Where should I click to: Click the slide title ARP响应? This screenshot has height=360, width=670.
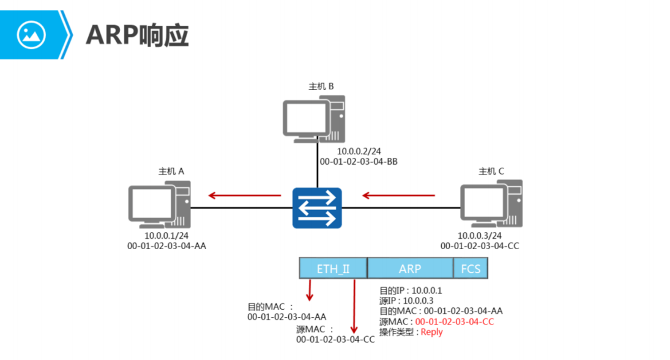(137, 36)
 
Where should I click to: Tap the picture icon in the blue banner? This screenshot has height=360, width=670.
(31, 35)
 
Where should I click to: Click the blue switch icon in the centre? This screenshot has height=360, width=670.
(316, 208)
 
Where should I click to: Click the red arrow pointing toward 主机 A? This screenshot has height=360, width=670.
(244, 196)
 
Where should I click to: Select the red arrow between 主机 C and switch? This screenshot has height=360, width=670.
(398, 196)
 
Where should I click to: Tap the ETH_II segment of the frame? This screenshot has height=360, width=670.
(332, 269)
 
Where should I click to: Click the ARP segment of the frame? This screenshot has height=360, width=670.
(410, 269)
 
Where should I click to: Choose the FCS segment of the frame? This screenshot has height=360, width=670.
(471, 269)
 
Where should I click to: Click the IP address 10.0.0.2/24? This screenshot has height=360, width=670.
(359, 151)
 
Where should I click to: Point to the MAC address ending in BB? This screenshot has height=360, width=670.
(359, 162)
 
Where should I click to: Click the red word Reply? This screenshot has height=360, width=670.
(431, 332)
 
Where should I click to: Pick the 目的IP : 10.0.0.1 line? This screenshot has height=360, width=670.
(411, 291)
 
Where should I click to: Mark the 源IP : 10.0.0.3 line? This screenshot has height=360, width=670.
(406, 301)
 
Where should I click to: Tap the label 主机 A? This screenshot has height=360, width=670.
(171, 171)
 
